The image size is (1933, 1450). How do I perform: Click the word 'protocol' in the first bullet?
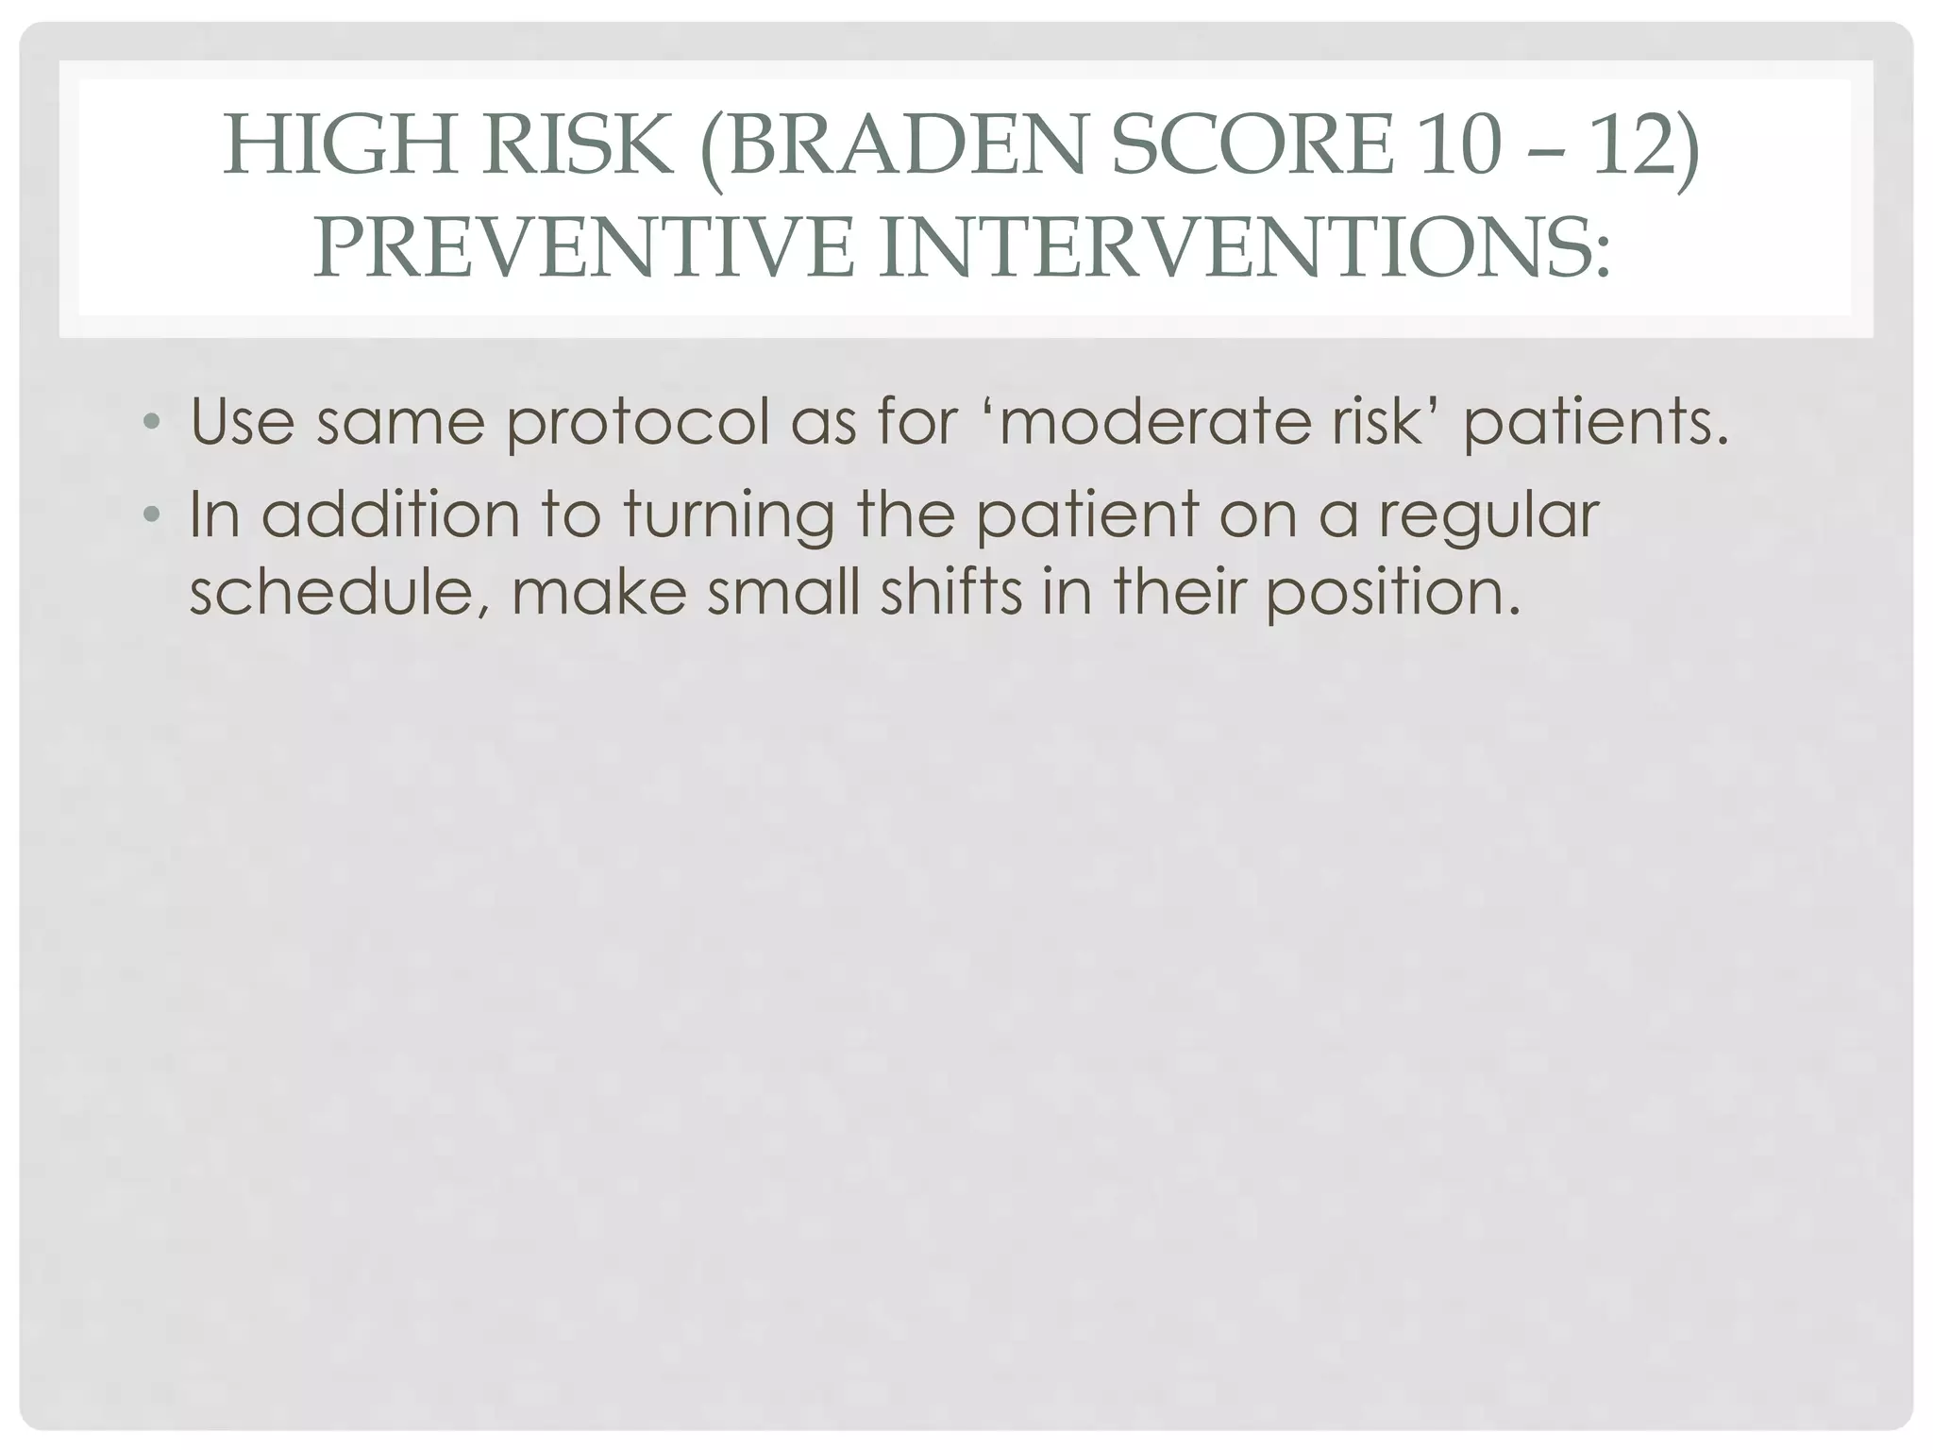pyautogui.click(x=639, y=422)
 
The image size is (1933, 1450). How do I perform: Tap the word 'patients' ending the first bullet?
pyautogui.click(x=1595, y=422)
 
